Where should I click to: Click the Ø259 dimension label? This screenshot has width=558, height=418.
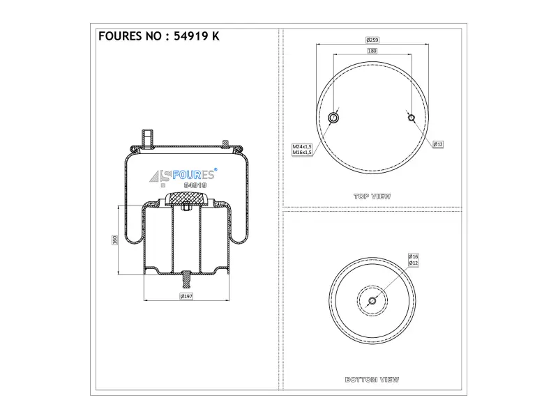click(x=372, y=40)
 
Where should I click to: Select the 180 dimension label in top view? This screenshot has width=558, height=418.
click(x=372, y=51)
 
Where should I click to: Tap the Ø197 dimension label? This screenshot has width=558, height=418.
click(x=186, y=296)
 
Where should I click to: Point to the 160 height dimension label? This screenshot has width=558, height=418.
click(x=114, y=240)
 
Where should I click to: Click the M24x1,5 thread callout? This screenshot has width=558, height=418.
click(x=302, y=146)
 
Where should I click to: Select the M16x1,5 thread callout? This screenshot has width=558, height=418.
click(x=302, y=153)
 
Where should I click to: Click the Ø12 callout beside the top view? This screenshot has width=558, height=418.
click(x=438, y=144)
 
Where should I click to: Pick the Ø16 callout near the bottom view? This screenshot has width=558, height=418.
click(x=413, y=256)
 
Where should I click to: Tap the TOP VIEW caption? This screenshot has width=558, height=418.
click(x=372, y=196)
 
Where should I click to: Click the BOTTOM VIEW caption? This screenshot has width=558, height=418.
click(x=372, y=380)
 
